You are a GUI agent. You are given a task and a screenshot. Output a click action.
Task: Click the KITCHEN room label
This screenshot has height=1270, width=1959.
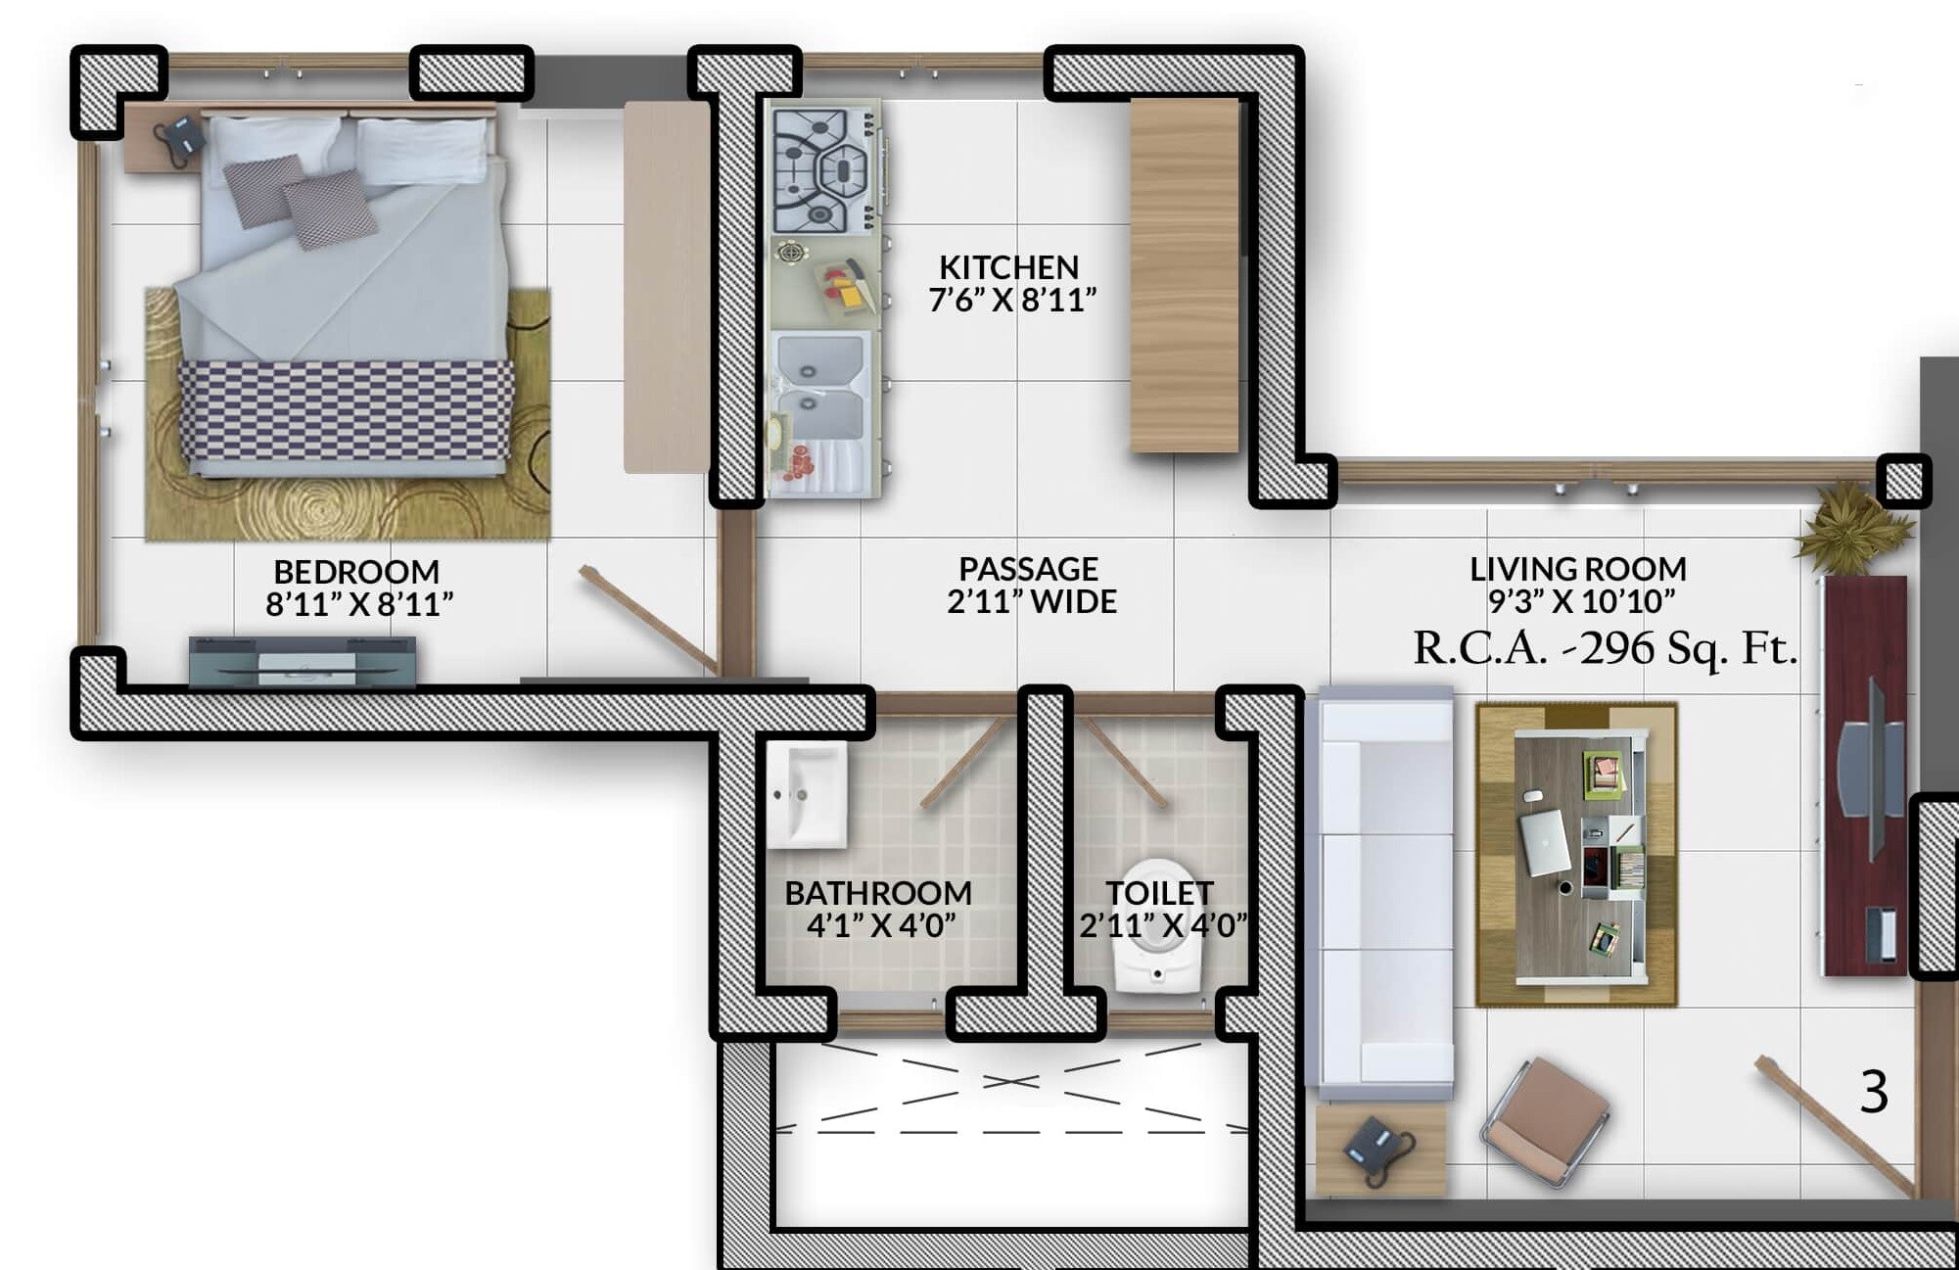click(x=1008, y=267)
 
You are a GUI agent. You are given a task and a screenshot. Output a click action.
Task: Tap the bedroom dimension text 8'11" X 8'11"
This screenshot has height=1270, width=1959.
click(x=359, y=605)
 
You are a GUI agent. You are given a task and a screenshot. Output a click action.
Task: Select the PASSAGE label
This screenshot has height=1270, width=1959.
click(x=1028, y=569)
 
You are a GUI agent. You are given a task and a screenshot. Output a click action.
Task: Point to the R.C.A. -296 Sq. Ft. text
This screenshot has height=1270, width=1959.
click(x=1605, y=648)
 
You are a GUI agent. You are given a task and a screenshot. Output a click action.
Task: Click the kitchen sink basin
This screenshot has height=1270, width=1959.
click(x=820, y=387)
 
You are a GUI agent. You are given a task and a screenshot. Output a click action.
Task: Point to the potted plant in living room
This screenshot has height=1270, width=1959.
click(x=1852, y=529)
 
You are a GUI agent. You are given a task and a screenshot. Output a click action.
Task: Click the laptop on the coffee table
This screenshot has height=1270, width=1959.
click(x=1545, y=841)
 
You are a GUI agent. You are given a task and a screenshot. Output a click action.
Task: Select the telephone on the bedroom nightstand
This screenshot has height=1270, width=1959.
click(x=181, y=138)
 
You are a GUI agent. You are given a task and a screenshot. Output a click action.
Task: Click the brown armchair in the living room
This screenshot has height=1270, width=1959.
click(x=1547, y=1122)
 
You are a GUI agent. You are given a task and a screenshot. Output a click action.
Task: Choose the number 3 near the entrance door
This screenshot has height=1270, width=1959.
click(x=1873, y=1092)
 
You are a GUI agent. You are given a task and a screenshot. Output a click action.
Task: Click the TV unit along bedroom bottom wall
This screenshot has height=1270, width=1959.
click(x=303, y=662)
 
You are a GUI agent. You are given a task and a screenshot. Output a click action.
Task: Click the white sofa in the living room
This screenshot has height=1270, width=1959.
click(x=1380, y=891)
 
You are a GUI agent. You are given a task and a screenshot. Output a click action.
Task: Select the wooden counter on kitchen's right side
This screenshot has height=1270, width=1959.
click(x=1185, y=274)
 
